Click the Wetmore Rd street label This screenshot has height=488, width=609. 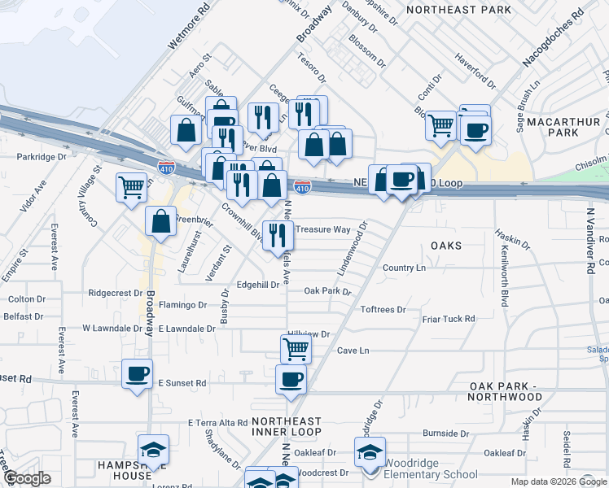pyautogui.click(x=189, y=25)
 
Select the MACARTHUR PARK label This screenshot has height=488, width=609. pyautogui.click(x=563, y=127)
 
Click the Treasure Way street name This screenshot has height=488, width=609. pyautogui.click(x=323, y=229)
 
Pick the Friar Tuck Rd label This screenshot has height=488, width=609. pyautogui.click(x=449, y=319)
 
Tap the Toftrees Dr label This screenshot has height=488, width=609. pyautogui.click(x=383, y=310)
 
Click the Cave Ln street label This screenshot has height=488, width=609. pyautogui.click(x=353, y=351)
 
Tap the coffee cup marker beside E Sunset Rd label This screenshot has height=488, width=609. pyautogui.click(x=137, y=374)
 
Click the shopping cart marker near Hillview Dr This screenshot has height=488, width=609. pyautogui.click(x=296, y=349)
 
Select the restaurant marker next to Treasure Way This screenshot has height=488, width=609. pyautogui.click(x=278, y=235)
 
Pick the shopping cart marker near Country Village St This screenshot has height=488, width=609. pyautogui.click(x=131, y=188)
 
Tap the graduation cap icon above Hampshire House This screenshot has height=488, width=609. pyautogui.click(x=151, y=450)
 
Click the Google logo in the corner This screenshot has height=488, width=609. pyautogui.click(x=27, y=478)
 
